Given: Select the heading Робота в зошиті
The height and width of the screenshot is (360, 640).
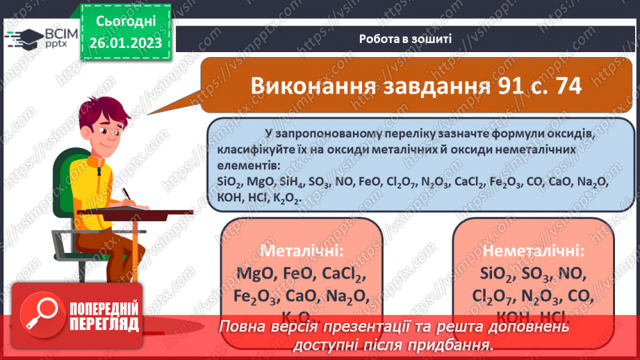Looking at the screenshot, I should [406, 38].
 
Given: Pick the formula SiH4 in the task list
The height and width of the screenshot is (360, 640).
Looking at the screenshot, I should [296, 182].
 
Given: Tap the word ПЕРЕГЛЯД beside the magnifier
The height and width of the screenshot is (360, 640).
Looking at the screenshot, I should [105, 324].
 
